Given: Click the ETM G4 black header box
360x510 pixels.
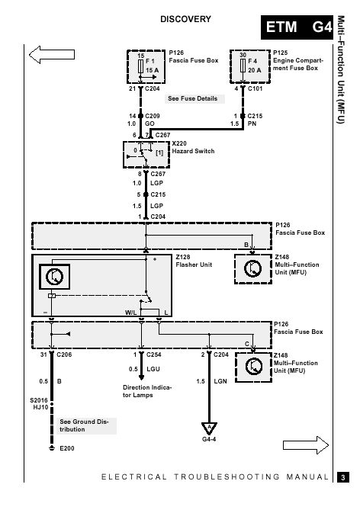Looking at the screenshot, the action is coord(297,27).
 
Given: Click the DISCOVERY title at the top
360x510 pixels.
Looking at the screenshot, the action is coord(185,19).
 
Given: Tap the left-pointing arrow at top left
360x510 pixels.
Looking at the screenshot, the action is coord(52,54).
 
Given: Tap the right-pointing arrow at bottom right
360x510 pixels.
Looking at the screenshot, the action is coord(306,445).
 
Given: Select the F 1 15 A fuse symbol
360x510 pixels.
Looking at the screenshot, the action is coord(141,66).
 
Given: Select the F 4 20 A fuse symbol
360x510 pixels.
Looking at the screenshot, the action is coord(243,66).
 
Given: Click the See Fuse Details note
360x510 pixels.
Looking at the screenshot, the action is coord(193,98).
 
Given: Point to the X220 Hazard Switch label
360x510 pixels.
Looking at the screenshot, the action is coord(193,147).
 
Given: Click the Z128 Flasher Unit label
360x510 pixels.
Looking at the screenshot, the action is coord(194,261).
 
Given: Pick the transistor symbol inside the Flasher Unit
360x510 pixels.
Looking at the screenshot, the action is coord(54,277).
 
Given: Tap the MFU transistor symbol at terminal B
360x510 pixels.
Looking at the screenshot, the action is coord(253,268).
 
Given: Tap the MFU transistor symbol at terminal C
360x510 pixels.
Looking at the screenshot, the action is coord(253,366).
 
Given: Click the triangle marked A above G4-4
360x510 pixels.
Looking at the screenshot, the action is coord(209,428).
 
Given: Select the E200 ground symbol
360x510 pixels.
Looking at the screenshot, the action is coord(51,448).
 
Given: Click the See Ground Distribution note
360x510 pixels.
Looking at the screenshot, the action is coord(86,425).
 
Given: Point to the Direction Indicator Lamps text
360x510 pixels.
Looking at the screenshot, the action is coord(146,391).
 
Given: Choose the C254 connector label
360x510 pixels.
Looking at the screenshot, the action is coord(153,354).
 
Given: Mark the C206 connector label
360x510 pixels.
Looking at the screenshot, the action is coord(64,354).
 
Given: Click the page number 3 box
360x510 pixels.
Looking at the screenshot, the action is coord(342,477).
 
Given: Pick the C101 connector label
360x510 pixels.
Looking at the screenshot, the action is coord(256,88).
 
